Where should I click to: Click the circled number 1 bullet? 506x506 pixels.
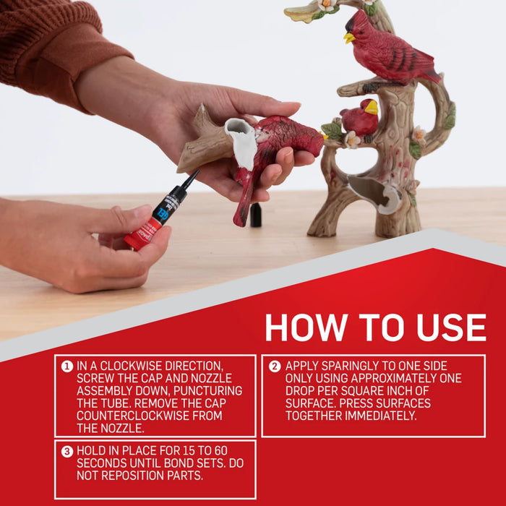(x=67, y=366)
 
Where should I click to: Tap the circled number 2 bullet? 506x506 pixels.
(x=275, y=366)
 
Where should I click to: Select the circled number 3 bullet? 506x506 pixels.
(x=67, y=451)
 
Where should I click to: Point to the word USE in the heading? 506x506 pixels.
(x=451, y=327)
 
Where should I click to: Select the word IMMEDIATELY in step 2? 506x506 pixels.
(x=381, y=416)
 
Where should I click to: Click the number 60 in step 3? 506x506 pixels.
(x=220, y=450)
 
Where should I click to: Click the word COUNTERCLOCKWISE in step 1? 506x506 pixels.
(x=133, y=416)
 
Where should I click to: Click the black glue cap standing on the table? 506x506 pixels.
(x=256, y=215)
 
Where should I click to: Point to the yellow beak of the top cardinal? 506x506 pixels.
(x=349, y=38)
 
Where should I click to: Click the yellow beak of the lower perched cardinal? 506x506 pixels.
(x=372, y=108)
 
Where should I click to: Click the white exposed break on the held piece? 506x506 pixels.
(x=242, y=142)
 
